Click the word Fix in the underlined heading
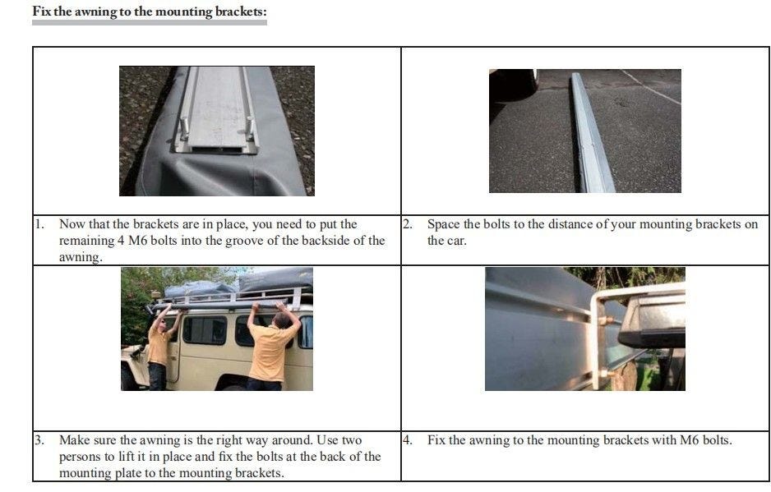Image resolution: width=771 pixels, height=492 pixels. [42, 11]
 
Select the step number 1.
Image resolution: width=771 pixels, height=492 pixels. [39, 224]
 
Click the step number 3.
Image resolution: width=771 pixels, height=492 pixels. [39, 440]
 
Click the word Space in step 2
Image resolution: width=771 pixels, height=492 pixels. [444, 224]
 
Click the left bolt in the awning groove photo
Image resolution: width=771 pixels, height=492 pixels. [184, 128]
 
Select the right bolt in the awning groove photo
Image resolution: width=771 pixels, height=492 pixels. [250, 128]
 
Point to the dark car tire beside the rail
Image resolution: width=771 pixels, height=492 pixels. [514, 85]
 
